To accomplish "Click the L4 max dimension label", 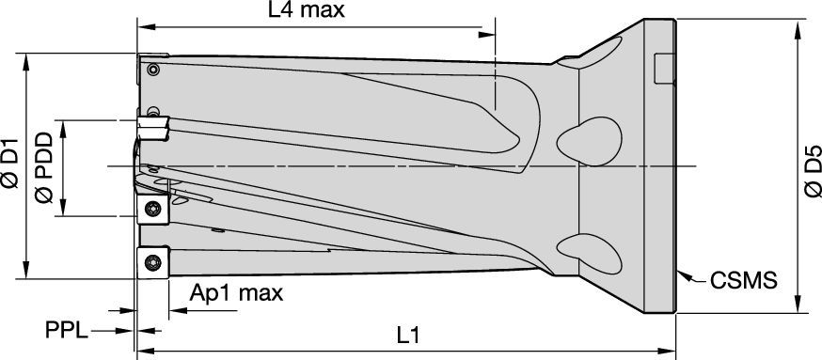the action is (x=307, y=10).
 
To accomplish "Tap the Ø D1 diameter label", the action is (x=10, y=163).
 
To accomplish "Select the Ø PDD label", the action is (x=44, y=167).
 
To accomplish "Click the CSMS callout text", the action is (x=743, y=281).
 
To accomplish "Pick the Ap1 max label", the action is (x=236, y=293).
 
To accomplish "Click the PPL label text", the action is (x=67, y=331).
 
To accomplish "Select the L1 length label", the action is (x=408, y=336).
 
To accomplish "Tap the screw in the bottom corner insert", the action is (x=152, y=261).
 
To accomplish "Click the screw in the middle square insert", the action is (x=152, y=208).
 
